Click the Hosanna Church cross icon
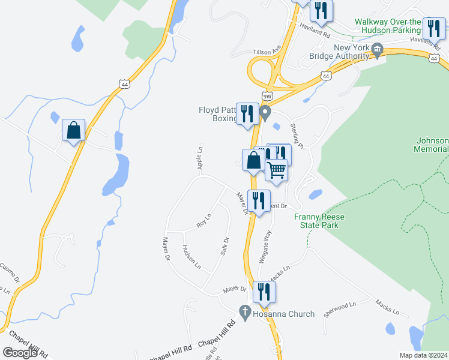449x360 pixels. [x=244, y=312]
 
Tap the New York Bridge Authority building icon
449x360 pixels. [x=378, y=50]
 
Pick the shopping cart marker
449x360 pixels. [x=276, y=170]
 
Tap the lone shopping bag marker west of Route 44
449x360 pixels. [x=73, y=130]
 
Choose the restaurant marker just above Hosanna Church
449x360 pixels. [x=264, y=292]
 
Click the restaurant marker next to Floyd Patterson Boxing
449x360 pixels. [x=247, y=113]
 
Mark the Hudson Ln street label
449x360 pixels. [x=191, y=257]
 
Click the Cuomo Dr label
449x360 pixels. [x=10, y=274]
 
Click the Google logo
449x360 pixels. [x=20, y=352]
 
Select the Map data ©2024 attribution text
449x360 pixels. [x=423, y=355]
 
